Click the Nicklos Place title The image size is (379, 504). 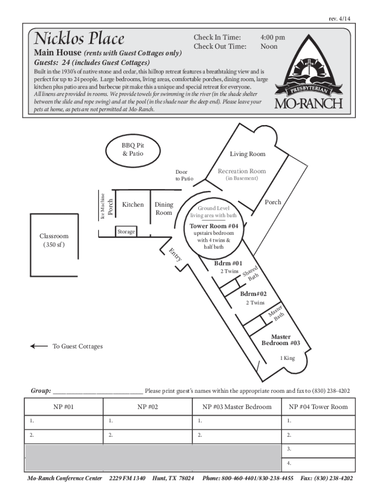point(79,38)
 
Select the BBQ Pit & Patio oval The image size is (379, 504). point(133,150)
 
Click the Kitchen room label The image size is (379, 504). point(133,205)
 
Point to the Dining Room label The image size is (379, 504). point(164,209)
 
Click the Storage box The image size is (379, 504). point(126,231)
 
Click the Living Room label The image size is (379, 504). point(248,154)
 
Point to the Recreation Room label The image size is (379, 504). point(242,171)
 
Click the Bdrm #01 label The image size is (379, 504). point(228,263)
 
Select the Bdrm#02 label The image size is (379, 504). point(253,294)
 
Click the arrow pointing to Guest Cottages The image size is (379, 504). point(39,346)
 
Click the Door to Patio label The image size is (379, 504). point(185,175)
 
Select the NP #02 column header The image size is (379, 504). point(148,407)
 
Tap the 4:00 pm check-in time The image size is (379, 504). point(272,37)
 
